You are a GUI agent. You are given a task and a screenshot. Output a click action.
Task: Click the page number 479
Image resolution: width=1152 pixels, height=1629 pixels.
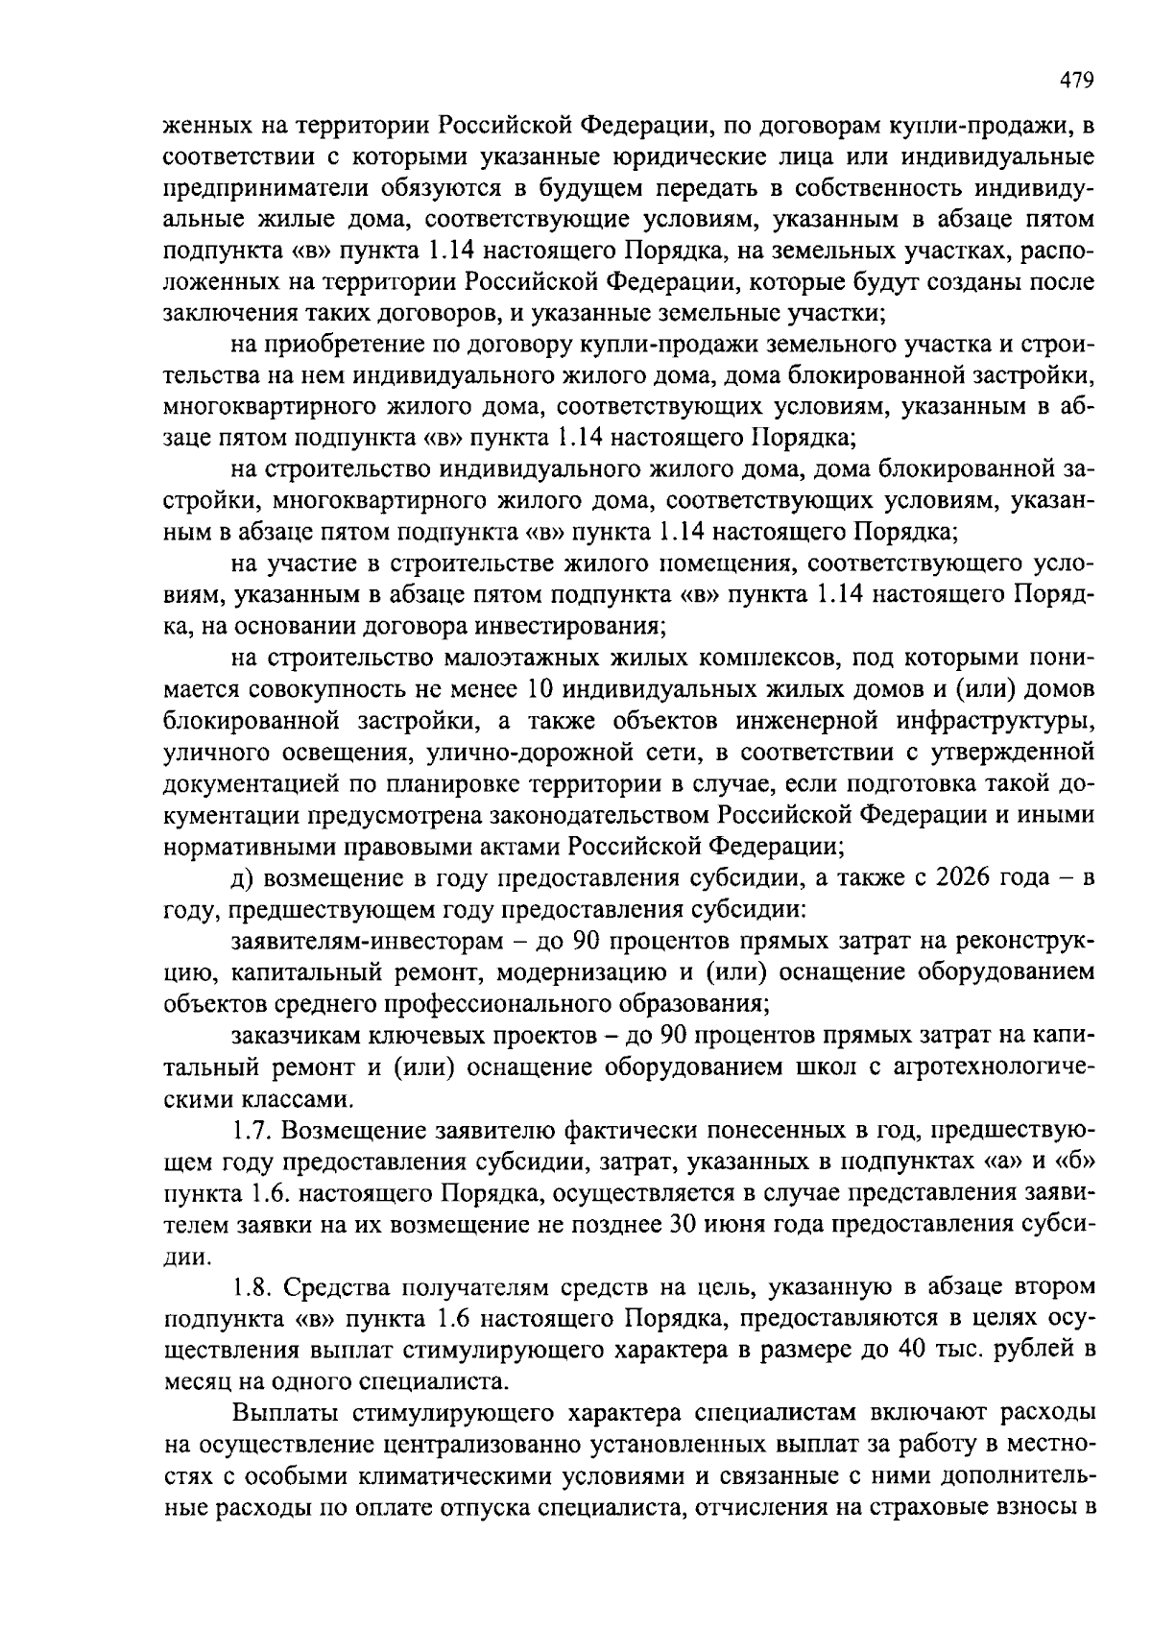coord(1077,81)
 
